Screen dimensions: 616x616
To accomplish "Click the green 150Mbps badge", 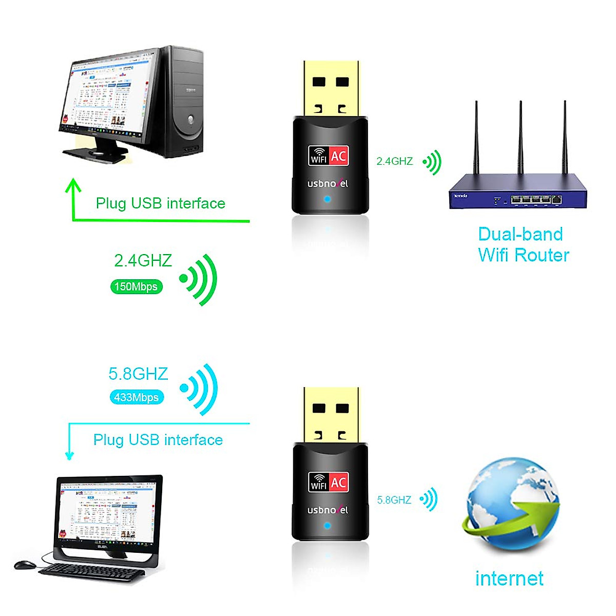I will pyautogui.click(x=136, y=286).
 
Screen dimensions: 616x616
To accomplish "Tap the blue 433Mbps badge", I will pyautogui.click(x=137, y=397).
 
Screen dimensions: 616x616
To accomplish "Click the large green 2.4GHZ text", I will pyautogui.click(x=143, y=261).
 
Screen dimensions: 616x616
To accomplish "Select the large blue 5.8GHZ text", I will pyautogui.click(x=138, y=374).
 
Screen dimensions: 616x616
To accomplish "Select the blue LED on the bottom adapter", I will pyautogui.click(x=328, y=526).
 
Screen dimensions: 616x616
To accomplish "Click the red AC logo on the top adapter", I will pyautogui.click(x=338, y=156).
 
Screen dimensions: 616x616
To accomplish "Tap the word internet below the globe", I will pyautogui.click(x=509, y=579).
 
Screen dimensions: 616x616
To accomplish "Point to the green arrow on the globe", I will pyautogui.click(x=518, y=518).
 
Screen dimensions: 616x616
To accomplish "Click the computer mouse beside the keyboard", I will pyautogui.click(x=25, y=565).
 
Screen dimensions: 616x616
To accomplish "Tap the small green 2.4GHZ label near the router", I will pyautogui.click(x=394, y=161).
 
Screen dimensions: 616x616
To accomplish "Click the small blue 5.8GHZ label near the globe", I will pyautogui.click(x=394, y=500).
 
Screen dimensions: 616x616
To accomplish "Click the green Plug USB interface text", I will pyautogui.click(x=160, y=203).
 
